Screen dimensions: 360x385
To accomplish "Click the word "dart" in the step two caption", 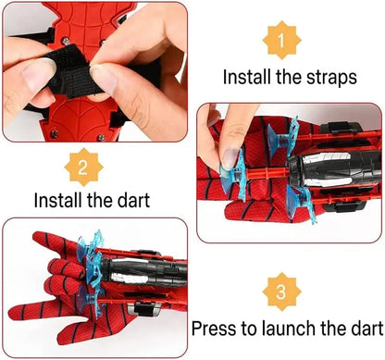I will (133, 199).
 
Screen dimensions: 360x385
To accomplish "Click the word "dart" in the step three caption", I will (363, 328).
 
